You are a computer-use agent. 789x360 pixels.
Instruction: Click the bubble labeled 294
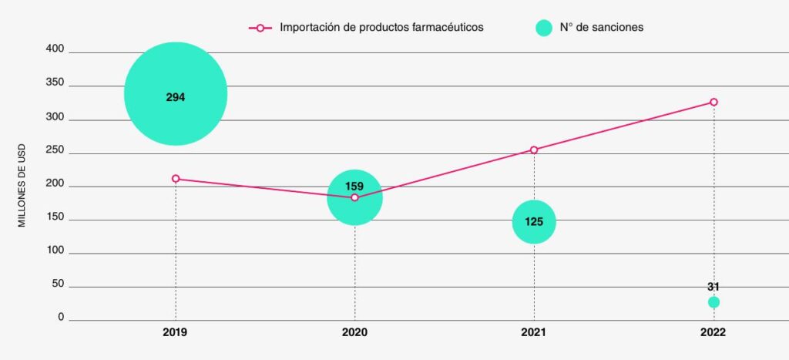[x=176, y=93]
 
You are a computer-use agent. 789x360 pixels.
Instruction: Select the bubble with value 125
[x=534, y=221]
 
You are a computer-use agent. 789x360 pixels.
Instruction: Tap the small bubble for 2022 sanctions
[x=713, y=302]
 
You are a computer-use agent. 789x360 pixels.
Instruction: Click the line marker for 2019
[x=176, y=179]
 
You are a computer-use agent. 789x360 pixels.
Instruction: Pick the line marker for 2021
[x=534, y=150]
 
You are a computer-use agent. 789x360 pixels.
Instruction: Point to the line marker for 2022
[x=713, y=102]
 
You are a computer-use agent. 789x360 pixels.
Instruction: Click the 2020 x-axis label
[x=354, y=333]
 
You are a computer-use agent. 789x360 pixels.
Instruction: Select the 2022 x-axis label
[x=713, y=333]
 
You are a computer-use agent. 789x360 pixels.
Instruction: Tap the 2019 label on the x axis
[x=176, y=333]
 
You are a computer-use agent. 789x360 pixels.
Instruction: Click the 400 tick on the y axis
[x=56, y=51]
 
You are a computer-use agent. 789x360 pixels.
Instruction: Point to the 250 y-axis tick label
[x=56, y=152]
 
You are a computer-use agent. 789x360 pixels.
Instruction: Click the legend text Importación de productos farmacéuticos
[x=381, y=27]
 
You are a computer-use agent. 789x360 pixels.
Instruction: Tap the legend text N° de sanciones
[x=601, y=27]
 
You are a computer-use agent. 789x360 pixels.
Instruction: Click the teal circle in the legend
[x=544, y=28]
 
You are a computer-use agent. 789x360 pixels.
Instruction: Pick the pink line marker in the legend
[x=260, y=28]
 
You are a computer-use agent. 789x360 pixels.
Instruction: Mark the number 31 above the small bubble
[x=713, y=287]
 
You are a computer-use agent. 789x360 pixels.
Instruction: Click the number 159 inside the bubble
[x=354, y=186]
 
